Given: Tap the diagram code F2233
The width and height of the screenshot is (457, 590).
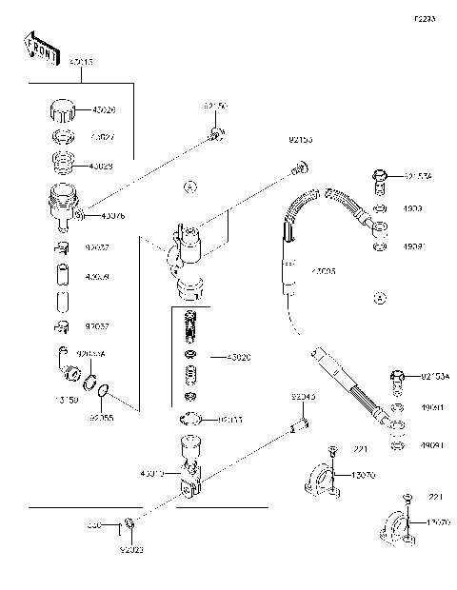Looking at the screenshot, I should coord(426,18).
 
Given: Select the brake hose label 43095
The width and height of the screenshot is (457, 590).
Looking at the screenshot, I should coord(324,271).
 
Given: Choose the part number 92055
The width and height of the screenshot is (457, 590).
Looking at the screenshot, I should coord(102,416).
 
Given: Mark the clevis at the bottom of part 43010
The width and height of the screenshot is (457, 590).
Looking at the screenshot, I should coord(189,492).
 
